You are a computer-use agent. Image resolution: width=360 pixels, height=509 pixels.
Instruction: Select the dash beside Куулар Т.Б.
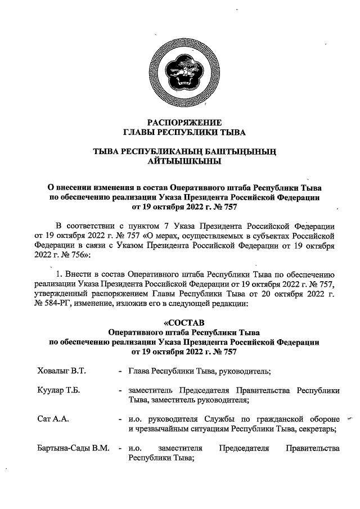pyautogui.click(x=120, y=390)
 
